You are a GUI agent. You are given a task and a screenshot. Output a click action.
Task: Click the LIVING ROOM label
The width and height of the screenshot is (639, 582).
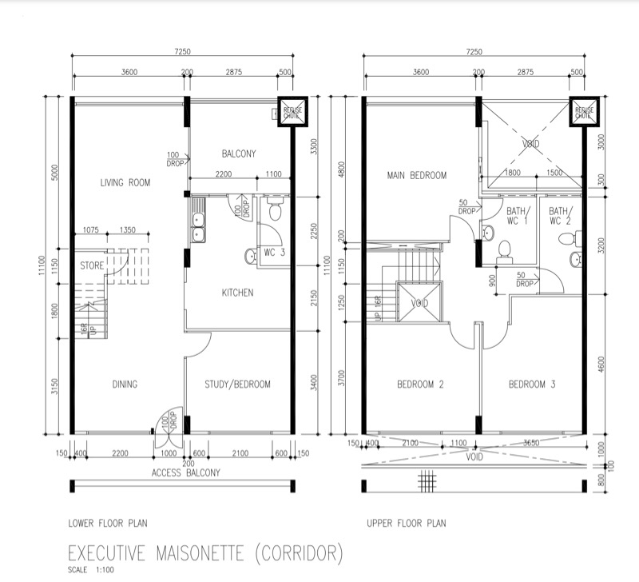tap(125, 182)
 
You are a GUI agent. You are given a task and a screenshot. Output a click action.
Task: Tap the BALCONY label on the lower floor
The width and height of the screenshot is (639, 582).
tap(239, 153)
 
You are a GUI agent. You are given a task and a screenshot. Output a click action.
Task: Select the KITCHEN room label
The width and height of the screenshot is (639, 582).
tap(237, 293)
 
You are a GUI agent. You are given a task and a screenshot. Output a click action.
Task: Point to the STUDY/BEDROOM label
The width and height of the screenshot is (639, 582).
tap(237, 385)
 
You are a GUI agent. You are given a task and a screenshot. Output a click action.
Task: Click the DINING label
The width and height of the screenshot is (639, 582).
tap(125, 385)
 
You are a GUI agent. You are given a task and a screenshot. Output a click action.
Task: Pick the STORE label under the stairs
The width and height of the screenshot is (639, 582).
tap(92, 266)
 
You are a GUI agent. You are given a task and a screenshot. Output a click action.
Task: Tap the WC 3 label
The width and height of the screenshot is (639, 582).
tap(274, 253)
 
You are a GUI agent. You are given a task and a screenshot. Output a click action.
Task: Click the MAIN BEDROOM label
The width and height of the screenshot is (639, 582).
tap(416, 175)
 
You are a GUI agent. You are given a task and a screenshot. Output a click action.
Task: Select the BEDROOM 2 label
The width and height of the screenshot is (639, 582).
tap(420, 385)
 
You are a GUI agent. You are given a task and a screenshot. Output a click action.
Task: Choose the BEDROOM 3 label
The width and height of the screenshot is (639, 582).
tap(532, 385)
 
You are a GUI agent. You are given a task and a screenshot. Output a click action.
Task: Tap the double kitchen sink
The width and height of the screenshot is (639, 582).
tap(198, 227)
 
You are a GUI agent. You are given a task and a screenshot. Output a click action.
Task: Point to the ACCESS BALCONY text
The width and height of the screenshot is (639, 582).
tap(186, 473)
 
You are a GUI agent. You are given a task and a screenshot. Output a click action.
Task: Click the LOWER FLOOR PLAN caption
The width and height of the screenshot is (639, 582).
tap(108, 524)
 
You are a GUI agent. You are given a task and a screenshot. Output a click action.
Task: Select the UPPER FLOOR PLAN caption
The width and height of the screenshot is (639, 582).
tap(407, 524)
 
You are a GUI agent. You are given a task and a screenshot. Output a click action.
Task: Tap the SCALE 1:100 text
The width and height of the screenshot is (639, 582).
tap(91, 570)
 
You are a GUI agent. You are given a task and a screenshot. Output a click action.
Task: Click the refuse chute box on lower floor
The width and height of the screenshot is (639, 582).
tap(292, 112)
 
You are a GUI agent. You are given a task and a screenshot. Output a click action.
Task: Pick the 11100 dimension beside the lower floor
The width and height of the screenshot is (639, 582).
tap(42, 265)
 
